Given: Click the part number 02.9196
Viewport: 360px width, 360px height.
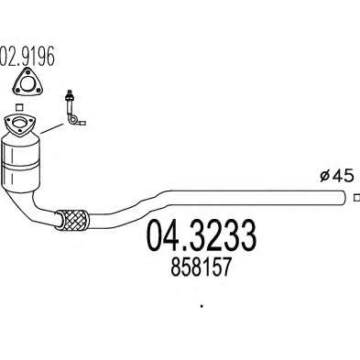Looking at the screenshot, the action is point(27,57).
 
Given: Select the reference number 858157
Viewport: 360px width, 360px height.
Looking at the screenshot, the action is point(200,267).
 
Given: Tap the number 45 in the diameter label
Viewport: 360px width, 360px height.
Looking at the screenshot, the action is point(343,176).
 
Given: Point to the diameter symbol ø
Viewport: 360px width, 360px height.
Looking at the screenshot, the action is point(324,176).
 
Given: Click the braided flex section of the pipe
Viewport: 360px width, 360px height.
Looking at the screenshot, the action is point(72,220).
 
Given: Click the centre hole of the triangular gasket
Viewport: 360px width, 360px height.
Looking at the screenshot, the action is point(27,84).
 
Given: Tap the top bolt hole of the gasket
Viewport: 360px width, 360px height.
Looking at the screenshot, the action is point(27,72).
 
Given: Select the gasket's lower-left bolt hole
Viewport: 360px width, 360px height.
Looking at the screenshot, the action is point(17,90).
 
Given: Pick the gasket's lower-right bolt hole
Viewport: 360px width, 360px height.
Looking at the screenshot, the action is point(38,90).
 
